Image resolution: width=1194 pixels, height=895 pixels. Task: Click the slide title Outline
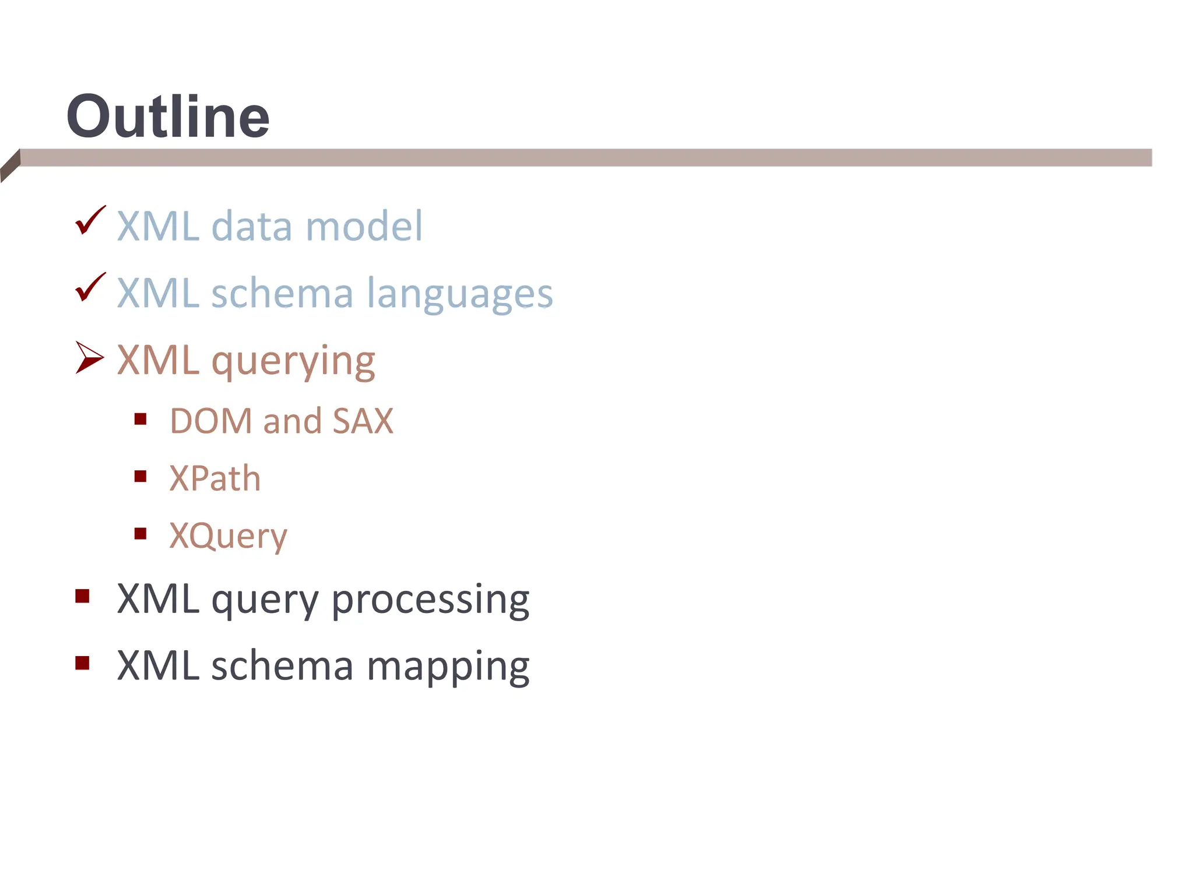tap(168, 117)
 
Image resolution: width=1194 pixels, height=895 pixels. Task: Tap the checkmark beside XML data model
tap(90, 221)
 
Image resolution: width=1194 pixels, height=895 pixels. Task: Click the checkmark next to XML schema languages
tap(90, 288)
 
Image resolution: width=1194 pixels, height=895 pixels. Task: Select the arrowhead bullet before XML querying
tap(89, 357)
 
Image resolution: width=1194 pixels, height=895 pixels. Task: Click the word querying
tap(293, 361)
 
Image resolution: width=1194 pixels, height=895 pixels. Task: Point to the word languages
tap(459, 294)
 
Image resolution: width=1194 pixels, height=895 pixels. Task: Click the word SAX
tap(363, 421)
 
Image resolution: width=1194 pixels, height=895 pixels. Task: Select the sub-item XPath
tap(215, 478)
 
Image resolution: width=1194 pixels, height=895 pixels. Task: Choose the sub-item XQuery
tap(228, 535)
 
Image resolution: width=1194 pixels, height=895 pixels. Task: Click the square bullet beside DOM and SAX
tap(140, 419)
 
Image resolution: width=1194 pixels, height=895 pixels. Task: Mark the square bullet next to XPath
tap(140, 477)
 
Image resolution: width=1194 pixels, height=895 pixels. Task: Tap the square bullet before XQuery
tap(140, 534)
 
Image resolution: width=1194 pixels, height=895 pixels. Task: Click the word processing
tap(430, 600)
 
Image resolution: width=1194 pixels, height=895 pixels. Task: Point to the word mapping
tap(448, 667)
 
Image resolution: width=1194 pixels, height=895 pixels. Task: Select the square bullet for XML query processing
tap(82, 596)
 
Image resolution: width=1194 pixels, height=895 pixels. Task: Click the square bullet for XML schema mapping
tap(82, 663)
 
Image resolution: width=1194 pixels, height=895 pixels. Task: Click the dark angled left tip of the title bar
tap(10, 165)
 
